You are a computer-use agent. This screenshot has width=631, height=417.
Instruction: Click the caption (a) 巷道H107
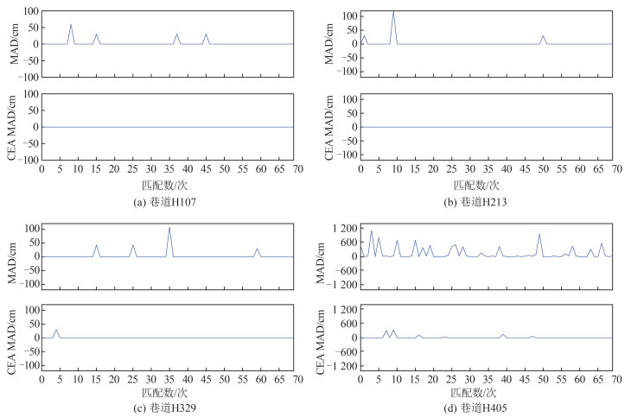166,201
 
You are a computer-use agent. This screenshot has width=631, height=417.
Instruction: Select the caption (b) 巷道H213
488,201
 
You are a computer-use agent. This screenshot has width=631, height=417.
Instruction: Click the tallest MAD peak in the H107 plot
71,24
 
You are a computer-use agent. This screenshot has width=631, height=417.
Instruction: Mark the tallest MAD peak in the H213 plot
393,12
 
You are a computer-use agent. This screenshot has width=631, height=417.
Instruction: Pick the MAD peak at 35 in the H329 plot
169,228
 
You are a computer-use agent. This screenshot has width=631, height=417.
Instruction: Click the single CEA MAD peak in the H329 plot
56,330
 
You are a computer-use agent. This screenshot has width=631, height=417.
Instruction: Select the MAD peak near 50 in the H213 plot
543,36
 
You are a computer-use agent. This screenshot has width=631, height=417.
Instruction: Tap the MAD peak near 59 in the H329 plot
257,249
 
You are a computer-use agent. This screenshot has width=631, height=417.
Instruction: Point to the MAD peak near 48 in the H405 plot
539,234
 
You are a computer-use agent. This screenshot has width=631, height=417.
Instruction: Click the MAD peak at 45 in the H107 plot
206,35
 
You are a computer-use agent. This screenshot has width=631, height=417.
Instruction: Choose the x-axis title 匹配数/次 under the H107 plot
167,184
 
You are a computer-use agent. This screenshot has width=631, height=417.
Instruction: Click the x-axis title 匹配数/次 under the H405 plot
488,389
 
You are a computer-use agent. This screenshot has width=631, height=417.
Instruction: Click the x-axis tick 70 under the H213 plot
612,171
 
